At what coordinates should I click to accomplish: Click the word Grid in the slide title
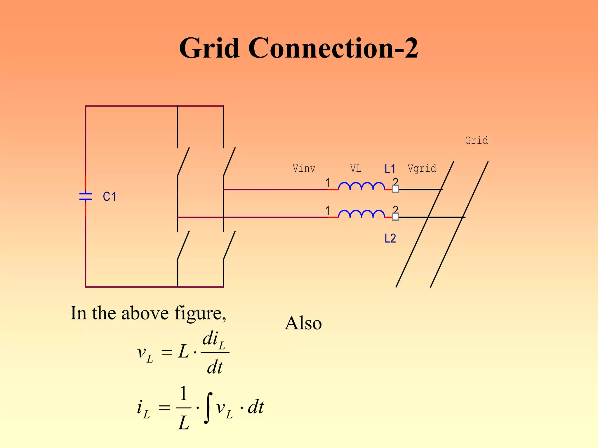[x=209, y=48]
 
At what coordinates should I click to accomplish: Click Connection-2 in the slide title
[x=333, y=48]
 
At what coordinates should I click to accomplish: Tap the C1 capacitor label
[x=109, y=197]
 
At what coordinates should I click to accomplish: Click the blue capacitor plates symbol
[x=86, y=197]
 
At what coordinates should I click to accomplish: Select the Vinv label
[x=304, y=169]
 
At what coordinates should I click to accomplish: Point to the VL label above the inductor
[x=356, y=169]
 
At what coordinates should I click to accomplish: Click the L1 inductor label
[x=390, y=169]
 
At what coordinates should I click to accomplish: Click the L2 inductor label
[x=390, y=239]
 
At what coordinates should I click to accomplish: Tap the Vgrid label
[x=422, y=169]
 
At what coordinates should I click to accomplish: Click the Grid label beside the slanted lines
[x=476, y=140]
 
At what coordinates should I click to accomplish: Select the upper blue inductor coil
[x=361, y=186]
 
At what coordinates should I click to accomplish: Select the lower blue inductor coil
[x=361, y=214]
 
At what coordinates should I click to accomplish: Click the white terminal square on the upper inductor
[x=395, y=189]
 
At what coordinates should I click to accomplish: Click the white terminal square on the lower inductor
[x=395, y=217]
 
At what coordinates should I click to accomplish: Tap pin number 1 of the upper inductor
[x=328, y=183]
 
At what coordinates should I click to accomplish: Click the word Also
[x=303, y=323]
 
